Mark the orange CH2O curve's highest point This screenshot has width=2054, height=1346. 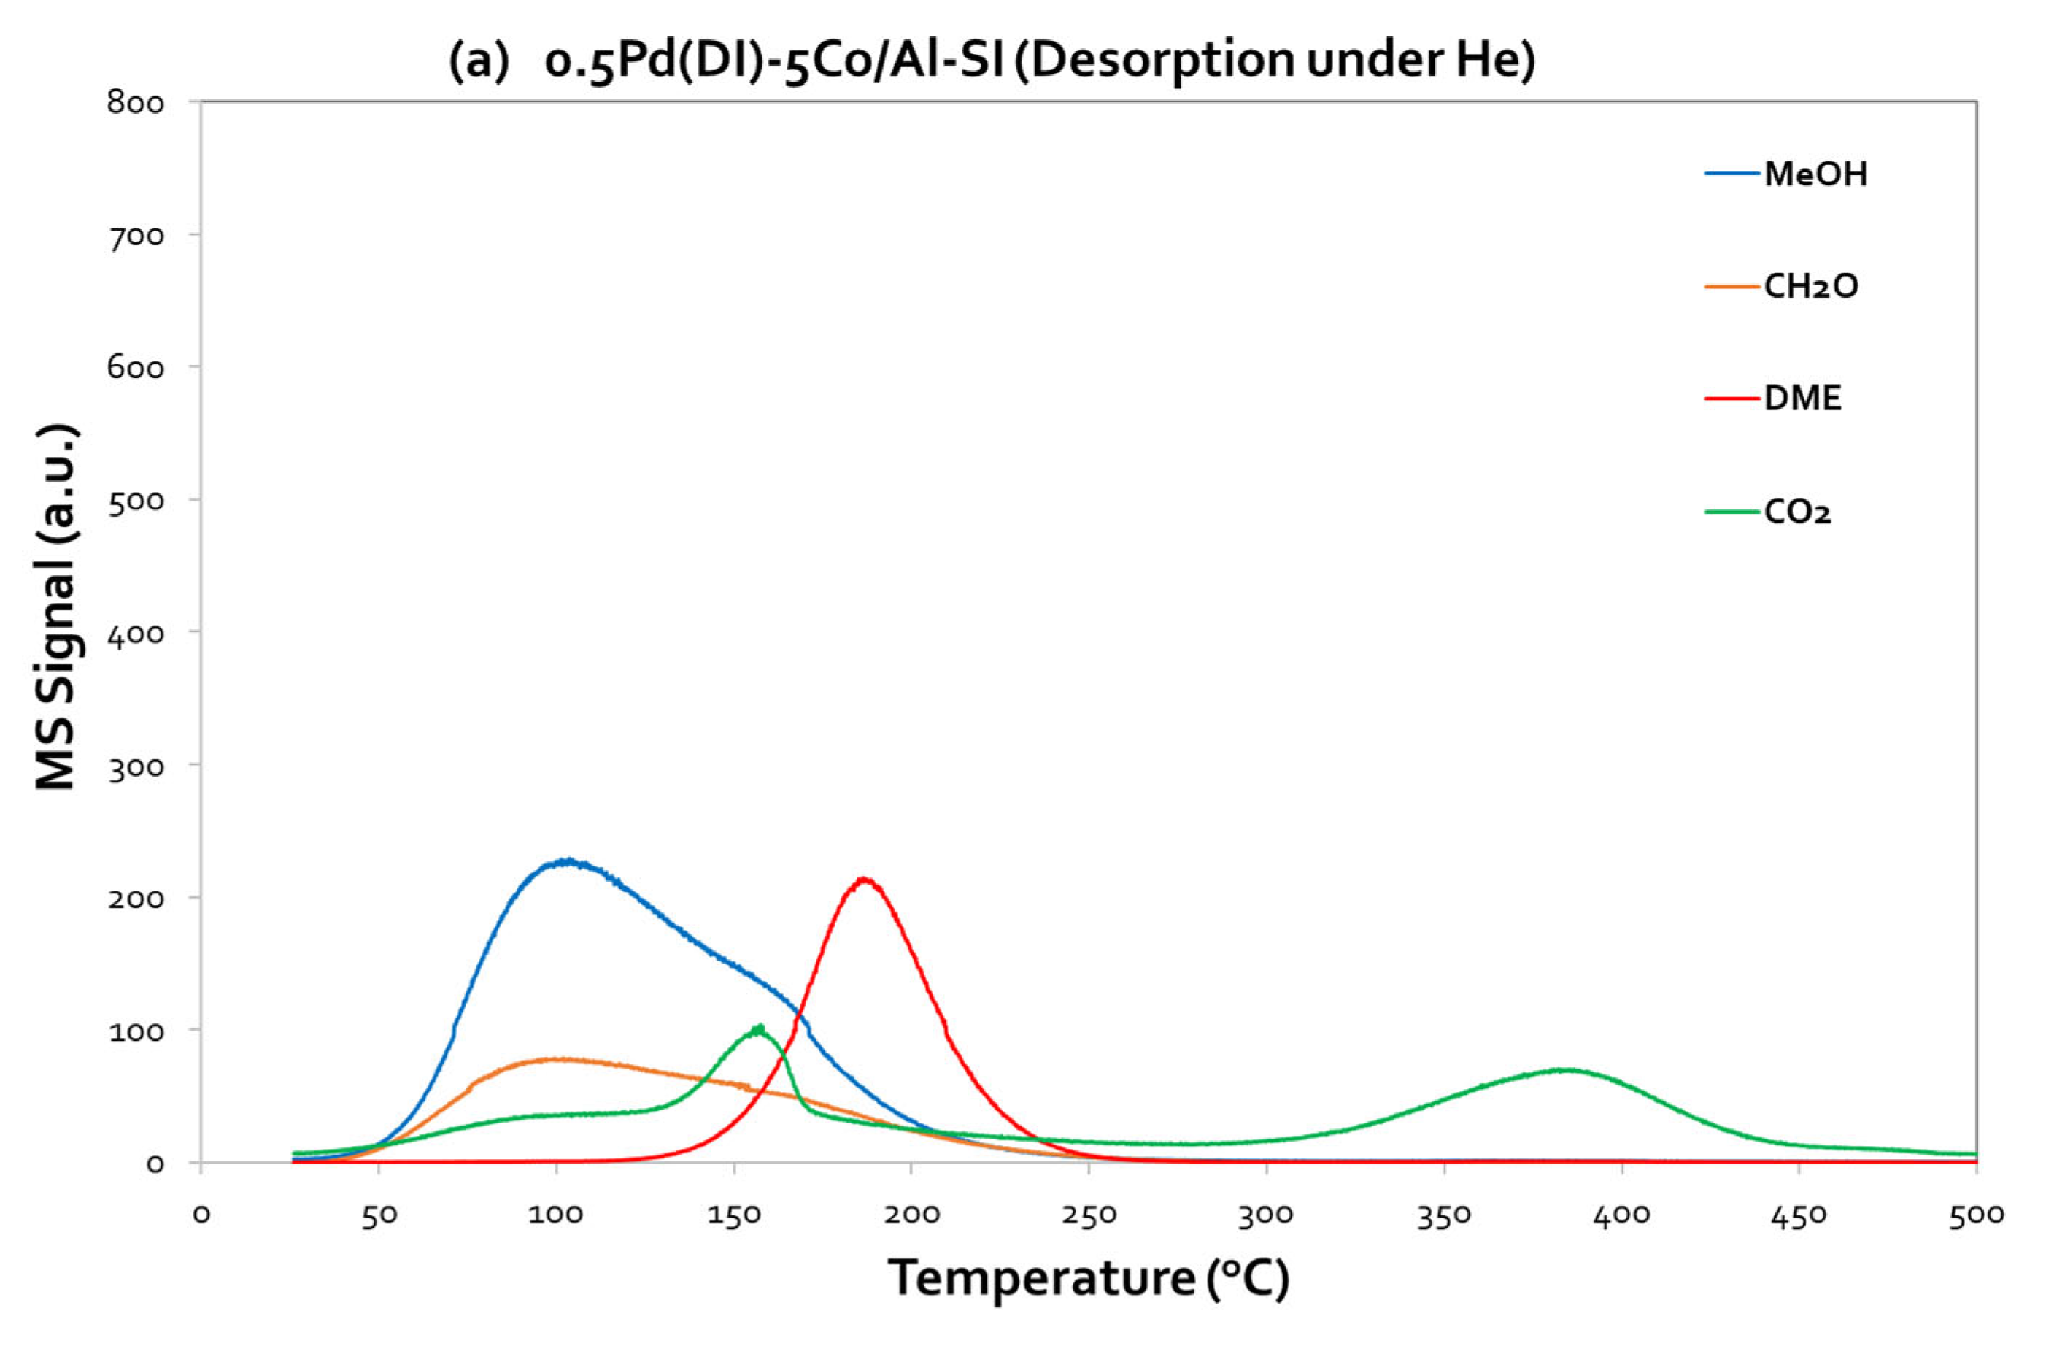[x=557, y=1059]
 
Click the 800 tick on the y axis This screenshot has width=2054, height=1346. [x=136, y=103]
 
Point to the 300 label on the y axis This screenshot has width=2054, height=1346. [x=136, y=766]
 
